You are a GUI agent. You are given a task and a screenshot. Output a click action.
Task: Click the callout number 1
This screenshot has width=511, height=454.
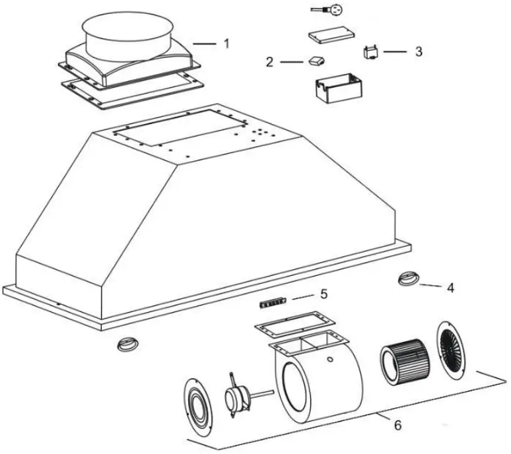pos(226,44)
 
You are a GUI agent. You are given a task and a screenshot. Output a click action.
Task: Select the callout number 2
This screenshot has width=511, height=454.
pos(269,62)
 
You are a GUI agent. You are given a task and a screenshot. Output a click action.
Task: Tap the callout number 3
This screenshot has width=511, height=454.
pos(419,51)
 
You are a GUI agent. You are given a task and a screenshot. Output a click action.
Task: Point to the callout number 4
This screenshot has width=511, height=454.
pos(450,288)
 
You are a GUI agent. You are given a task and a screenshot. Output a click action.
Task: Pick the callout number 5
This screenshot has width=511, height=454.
pos(324,292)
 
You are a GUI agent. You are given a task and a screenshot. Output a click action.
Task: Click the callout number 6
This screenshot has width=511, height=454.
pos(397,425)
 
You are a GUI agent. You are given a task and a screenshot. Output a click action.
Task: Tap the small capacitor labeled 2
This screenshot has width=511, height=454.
pos(314,61)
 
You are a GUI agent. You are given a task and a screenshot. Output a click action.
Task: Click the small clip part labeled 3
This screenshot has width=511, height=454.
pos(370,51)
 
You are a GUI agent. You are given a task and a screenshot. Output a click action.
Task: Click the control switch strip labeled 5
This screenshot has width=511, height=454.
pos(272,303)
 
